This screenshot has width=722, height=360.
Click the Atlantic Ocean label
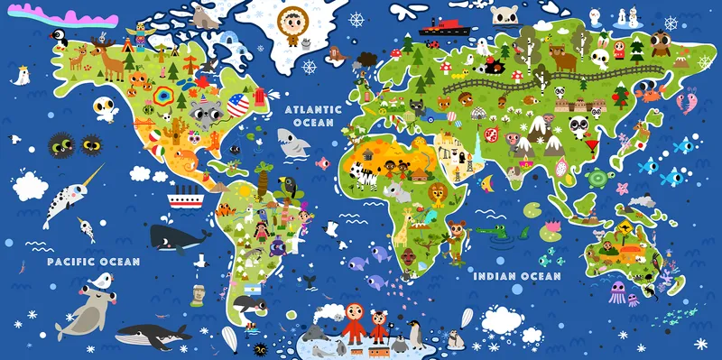pyautogui.click(x=310, y=115)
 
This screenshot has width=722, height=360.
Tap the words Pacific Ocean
pyautogui.click(x=95, y=262)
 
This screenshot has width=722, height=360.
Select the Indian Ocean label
pyautogui.click(x=517, y=276)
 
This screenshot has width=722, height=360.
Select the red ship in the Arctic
pyautogui.click(x=440, y=27)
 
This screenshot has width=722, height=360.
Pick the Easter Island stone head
pyautogui.click(x=199, y=293)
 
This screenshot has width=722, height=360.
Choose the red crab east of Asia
pyautogui.click(x=650, y=90)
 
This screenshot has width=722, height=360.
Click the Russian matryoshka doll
pyautogui.click(x=619, y=47)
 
